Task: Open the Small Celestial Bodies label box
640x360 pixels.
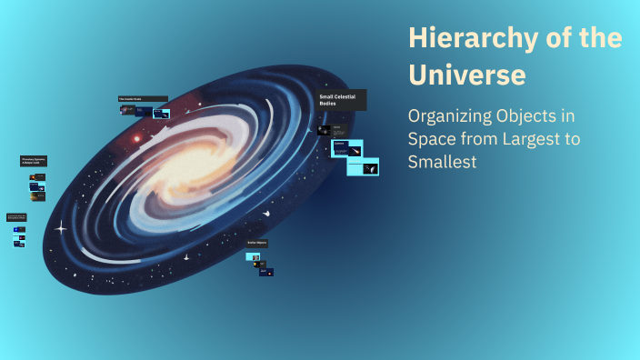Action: click(342, 100)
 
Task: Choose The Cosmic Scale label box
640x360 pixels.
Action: click(143, 99)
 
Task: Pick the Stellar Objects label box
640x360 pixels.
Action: click(257, 244)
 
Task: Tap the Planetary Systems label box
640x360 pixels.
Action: click(34, 161)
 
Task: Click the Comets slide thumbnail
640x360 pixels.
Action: click(347, 147)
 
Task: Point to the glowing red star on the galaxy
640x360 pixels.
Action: click(137, 139)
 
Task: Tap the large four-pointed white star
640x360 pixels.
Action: click(61, 226)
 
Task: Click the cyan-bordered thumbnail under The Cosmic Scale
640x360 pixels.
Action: click(162, 114)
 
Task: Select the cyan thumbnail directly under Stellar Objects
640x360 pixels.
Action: click(254, 256)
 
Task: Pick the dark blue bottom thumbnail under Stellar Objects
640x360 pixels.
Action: click(265, 271)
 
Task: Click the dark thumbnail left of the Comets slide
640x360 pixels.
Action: click(325, 130)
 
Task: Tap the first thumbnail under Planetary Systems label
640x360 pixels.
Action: click(35, 176)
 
